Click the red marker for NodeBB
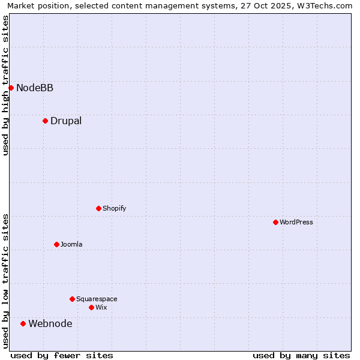point(11,88)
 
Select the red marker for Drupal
point(45,121)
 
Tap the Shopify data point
point(98,208)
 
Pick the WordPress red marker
point(275,222)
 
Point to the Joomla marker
point(56,244)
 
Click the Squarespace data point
point(72,299)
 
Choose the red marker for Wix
point(91,307)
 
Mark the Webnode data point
point(23,323)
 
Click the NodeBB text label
point(35,88)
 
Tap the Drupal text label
point(66,121)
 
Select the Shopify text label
point(114,209)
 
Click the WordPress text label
point(296,223)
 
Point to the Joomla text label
point(71,245)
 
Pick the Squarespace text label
point(97,299)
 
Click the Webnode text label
point(50,324)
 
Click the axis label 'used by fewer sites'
point(62,355)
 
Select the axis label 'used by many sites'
point(301,355)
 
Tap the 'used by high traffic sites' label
point(6,85)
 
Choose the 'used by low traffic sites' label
point(6,281)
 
